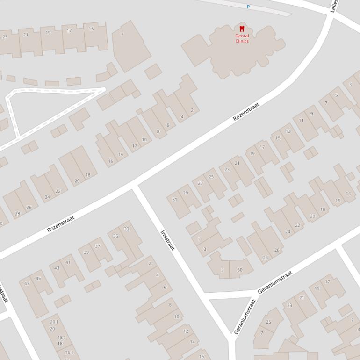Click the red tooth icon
[242, 29]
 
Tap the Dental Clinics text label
[242, 38]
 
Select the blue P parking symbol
[248, 7]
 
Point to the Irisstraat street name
[167, 240]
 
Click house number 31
[174, 200]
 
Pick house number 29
[186, 193]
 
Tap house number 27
[201, 183]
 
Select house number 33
[127, 229]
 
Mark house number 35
[115, 236]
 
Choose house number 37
[98, 246]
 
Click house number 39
[86, 252]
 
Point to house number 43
[57, 268]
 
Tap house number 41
[68, 262]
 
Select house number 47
[27, 284]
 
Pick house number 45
[38, 279]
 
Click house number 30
[240, 270]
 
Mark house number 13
[288, 131]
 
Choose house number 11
[302, 120]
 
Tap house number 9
[312, 114]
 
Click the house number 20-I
[54, 322]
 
